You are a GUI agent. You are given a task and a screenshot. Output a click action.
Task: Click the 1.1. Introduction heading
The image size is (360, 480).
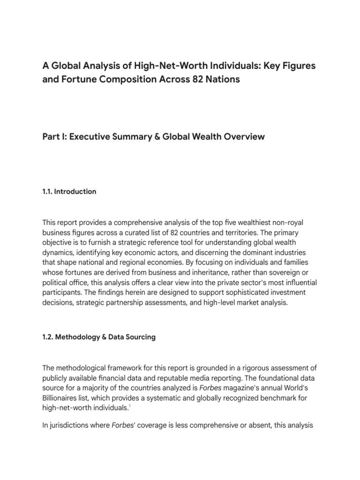(69, 192)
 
